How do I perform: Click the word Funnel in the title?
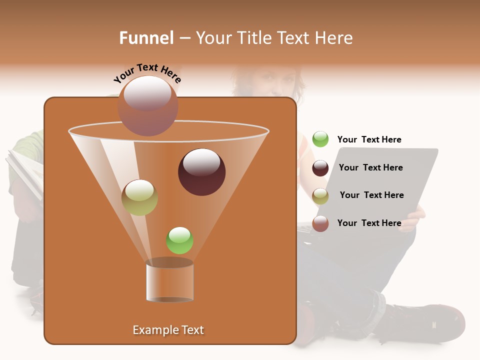click(x=146, y=38)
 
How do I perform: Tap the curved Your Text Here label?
click(x=147, y=73)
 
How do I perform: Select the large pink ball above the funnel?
click(x=148, y=105)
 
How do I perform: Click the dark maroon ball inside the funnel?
click(x=201, y=172)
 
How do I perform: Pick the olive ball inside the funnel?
click(x=139, y=197)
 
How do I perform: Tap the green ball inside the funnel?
click(x=179, y=240)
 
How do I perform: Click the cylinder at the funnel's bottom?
click(x=170, y=281)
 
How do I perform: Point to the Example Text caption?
click(x=168, y=330)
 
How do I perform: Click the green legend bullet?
click(x=320, y=139)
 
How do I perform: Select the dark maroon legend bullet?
click(x=320, y=168)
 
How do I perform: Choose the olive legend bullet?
click(x=320, y=195)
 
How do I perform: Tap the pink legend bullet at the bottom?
click(x=320, y=223)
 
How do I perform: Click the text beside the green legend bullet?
click(x=369, y=139)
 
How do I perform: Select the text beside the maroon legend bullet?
click(x=370, y=167)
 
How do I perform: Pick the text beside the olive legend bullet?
click(x=371, y=195)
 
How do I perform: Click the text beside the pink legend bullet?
click(x=369, y=223)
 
